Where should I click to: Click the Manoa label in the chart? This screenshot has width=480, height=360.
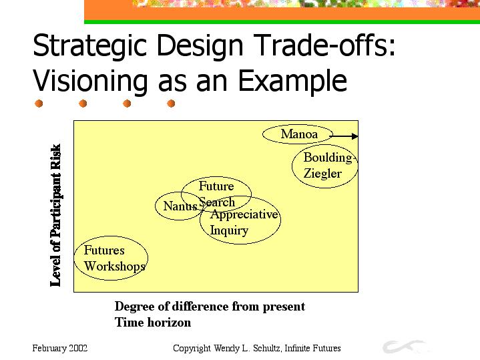(x=299, y=134)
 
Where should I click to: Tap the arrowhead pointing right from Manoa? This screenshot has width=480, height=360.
(x=354, y=136)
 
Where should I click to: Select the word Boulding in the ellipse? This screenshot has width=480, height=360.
(x=328, y=158)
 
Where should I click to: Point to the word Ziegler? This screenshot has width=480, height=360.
(x=322, y=174)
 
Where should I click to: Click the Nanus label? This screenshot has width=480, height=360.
(x=180, y=206)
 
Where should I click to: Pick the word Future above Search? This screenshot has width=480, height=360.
(x=216, y=186)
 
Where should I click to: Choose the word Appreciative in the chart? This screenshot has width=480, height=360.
(x=244, y=214)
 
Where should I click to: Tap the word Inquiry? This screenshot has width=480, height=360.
(x=229, y=230)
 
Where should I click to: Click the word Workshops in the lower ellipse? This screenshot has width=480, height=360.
(x=114, y=266)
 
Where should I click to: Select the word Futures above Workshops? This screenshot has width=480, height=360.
(x=104, y=250)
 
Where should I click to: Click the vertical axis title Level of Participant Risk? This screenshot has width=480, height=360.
(x=55, y=215)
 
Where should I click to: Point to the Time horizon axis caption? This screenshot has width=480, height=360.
(x=153, y=323)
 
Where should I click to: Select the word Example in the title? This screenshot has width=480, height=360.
(x=292, y=81)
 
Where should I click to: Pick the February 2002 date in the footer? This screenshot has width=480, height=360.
(x=59, y=349)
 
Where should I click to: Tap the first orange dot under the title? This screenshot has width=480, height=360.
(x=39, y=104)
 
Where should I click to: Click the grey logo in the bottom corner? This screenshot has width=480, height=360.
(x=404, y=346)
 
